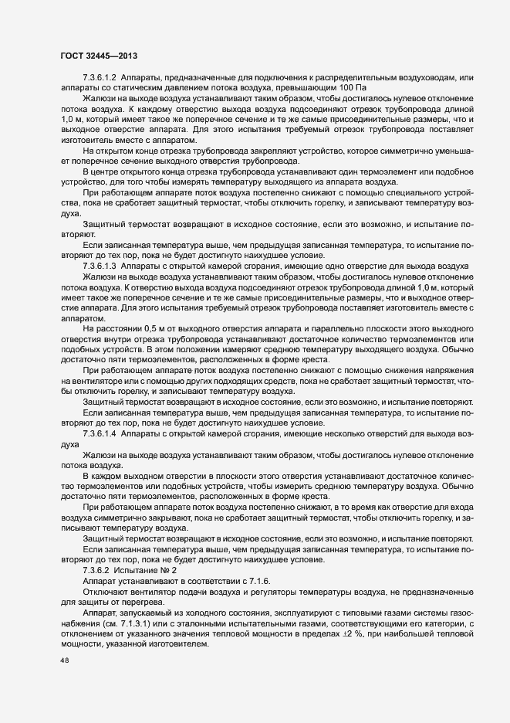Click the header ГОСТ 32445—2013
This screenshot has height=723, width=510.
click(x=98, y=56)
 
